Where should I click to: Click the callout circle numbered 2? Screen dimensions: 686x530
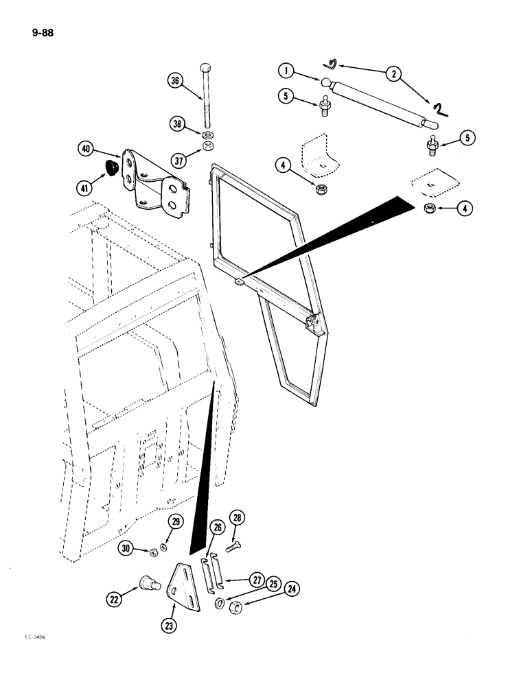(393, 74)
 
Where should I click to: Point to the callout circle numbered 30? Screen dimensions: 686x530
(127, 549)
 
